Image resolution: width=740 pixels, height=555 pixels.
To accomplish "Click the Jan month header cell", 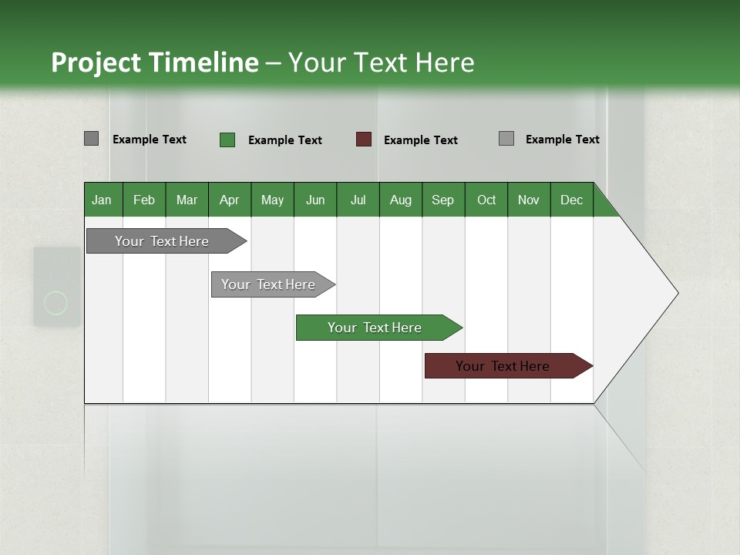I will (103, 200).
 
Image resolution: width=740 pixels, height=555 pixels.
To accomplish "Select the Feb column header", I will (144, 200).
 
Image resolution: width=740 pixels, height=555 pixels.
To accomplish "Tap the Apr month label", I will (229, 200).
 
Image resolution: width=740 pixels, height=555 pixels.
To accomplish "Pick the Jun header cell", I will (315, 200).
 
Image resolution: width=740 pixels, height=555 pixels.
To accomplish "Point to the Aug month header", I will (400, 200).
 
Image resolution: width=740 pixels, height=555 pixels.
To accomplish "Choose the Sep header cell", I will (442, 200).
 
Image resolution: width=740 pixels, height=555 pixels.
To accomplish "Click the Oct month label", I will (486, 200).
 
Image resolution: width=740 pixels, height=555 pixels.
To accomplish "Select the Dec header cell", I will (571, 200).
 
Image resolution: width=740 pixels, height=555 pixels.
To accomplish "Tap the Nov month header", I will (529, 200).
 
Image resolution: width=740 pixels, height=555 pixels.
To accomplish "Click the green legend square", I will (227, 140).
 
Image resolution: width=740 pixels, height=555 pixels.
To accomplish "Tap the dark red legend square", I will (364, 140).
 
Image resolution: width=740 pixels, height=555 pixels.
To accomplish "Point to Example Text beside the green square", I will (284, 140).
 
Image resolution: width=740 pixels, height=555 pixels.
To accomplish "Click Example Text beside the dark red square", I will (420, 140).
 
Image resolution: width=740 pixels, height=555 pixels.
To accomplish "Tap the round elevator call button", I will (56, 303).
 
